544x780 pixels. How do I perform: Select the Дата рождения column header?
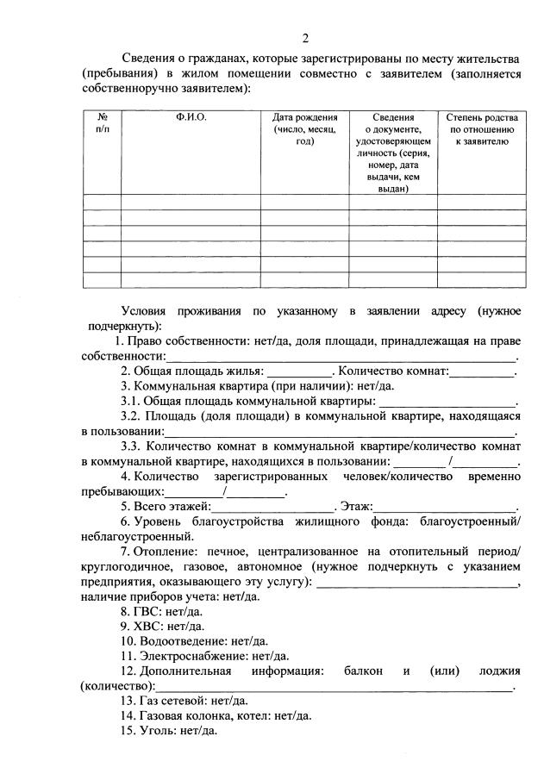click(x=304, y=128)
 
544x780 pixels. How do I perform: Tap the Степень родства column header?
click(x=482, y=128)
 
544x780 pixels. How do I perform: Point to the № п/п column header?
click(x=103, y=122)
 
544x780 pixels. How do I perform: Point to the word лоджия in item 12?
click(x=501, y=671)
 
